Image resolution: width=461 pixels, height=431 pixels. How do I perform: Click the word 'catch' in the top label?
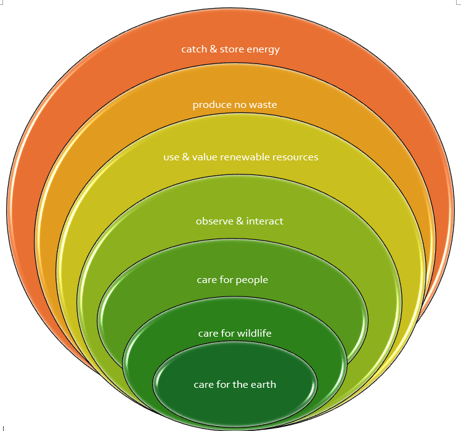194,49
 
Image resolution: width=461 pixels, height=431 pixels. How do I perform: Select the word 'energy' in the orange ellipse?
263,50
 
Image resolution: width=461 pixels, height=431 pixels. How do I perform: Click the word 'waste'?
263,105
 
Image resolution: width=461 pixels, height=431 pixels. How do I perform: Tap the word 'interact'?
265,221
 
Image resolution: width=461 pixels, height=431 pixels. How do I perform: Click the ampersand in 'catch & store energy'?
214,49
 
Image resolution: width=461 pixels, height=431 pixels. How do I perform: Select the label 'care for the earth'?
235,385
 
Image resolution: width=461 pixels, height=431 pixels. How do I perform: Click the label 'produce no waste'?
235,105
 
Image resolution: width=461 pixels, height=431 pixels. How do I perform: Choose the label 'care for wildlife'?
235,334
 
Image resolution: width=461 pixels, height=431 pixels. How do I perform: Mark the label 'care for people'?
232,280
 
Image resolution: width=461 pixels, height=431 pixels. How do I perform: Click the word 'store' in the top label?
232,49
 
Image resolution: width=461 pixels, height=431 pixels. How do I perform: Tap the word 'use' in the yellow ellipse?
171,157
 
